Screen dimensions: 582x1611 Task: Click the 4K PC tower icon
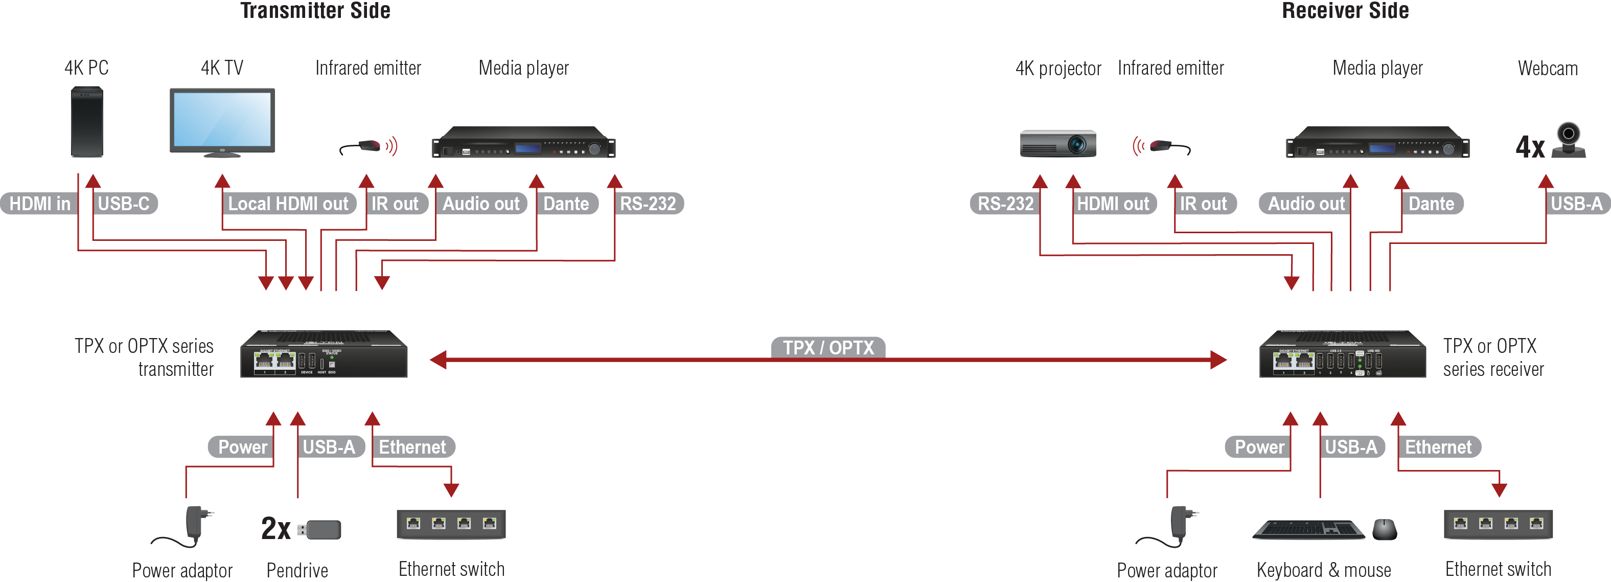[87, 122]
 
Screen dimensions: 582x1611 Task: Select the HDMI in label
[39, 204]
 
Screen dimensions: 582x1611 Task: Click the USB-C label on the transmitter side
[124, 204]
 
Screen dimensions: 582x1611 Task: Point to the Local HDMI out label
[288, 204]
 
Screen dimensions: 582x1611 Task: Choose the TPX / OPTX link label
[828, 347]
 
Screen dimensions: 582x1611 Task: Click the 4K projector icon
[1057, 143]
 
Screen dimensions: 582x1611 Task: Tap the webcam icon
[1569, 140]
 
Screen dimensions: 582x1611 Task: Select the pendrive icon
[320, 529]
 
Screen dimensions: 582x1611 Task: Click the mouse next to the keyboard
[1385, 529]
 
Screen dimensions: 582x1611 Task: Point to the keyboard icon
[1308, 529]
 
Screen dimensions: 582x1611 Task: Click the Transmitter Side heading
[315, 11]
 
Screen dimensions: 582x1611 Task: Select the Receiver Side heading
[1345, 11]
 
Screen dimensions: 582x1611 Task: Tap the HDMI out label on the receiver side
[1113, 204]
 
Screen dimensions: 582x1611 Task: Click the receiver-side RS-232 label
[1005, 204]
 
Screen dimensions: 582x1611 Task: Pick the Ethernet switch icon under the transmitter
[451, 524]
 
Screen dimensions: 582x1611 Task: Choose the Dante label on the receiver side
[1431, 204]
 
